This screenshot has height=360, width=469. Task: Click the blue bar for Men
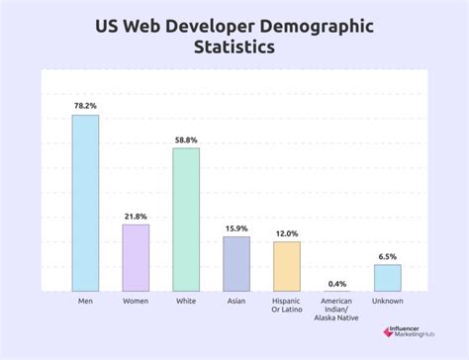point(85,203)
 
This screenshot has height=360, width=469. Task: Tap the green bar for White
point(186,220)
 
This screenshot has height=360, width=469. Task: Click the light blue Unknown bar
point(387,277)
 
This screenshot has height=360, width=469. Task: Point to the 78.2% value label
point(85,106)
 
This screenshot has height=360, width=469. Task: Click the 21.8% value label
point(136,216)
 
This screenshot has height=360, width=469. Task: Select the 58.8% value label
point(186,139)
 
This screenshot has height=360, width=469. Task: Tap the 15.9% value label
point(236,228)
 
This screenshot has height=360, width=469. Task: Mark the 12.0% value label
point(287,233)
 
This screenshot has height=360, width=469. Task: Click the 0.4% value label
point(336,282)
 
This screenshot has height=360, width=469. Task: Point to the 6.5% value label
point(387,256)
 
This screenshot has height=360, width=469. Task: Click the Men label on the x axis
point(85,301)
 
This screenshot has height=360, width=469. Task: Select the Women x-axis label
point(136,301)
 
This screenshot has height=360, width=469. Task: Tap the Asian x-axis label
point(236,301)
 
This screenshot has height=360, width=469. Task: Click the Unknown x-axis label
point(387,301)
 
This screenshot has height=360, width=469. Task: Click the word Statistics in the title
point(234,45)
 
